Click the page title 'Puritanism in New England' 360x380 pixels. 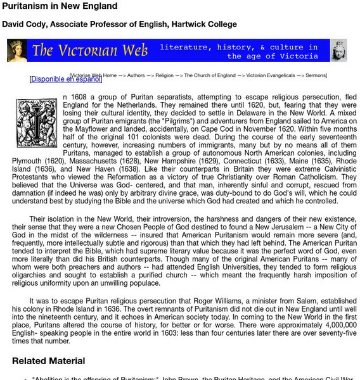point(59,6)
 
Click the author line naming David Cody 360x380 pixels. point(119,25)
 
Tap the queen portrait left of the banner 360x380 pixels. point(16,51)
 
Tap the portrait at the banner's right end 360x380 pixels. point(339,51)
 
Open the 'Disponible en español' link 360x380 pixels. point(65,79)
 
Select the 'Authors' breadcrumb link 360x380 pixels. point(136,75)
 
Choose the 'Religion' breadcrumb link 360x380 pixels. point(164,75)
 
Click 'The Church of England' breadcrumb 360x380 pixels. point(210,75)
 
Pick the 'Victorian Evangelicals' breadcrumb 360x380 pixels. point(269,75)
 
